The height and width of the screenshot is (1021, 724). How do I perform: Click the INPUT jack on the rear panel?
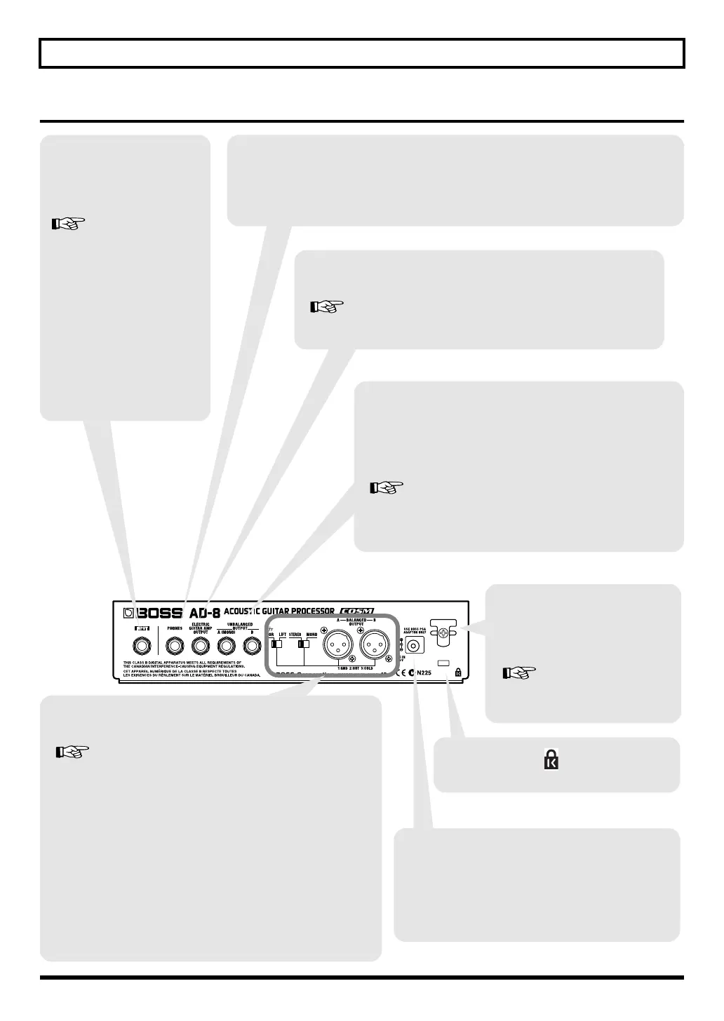142,644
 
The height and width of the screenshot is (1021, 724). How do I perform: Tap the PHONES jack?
175,644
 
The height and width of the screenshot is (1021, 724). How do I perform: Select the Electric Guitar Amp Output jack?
200,644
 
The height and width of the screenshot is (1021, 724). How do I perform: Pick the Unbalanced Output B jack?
251,644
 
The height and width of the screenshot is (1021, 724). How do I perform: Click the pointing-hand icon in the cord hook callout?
519,673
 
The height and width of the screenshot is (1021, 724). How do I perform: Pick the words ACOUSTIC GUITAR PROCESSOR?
279,611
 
